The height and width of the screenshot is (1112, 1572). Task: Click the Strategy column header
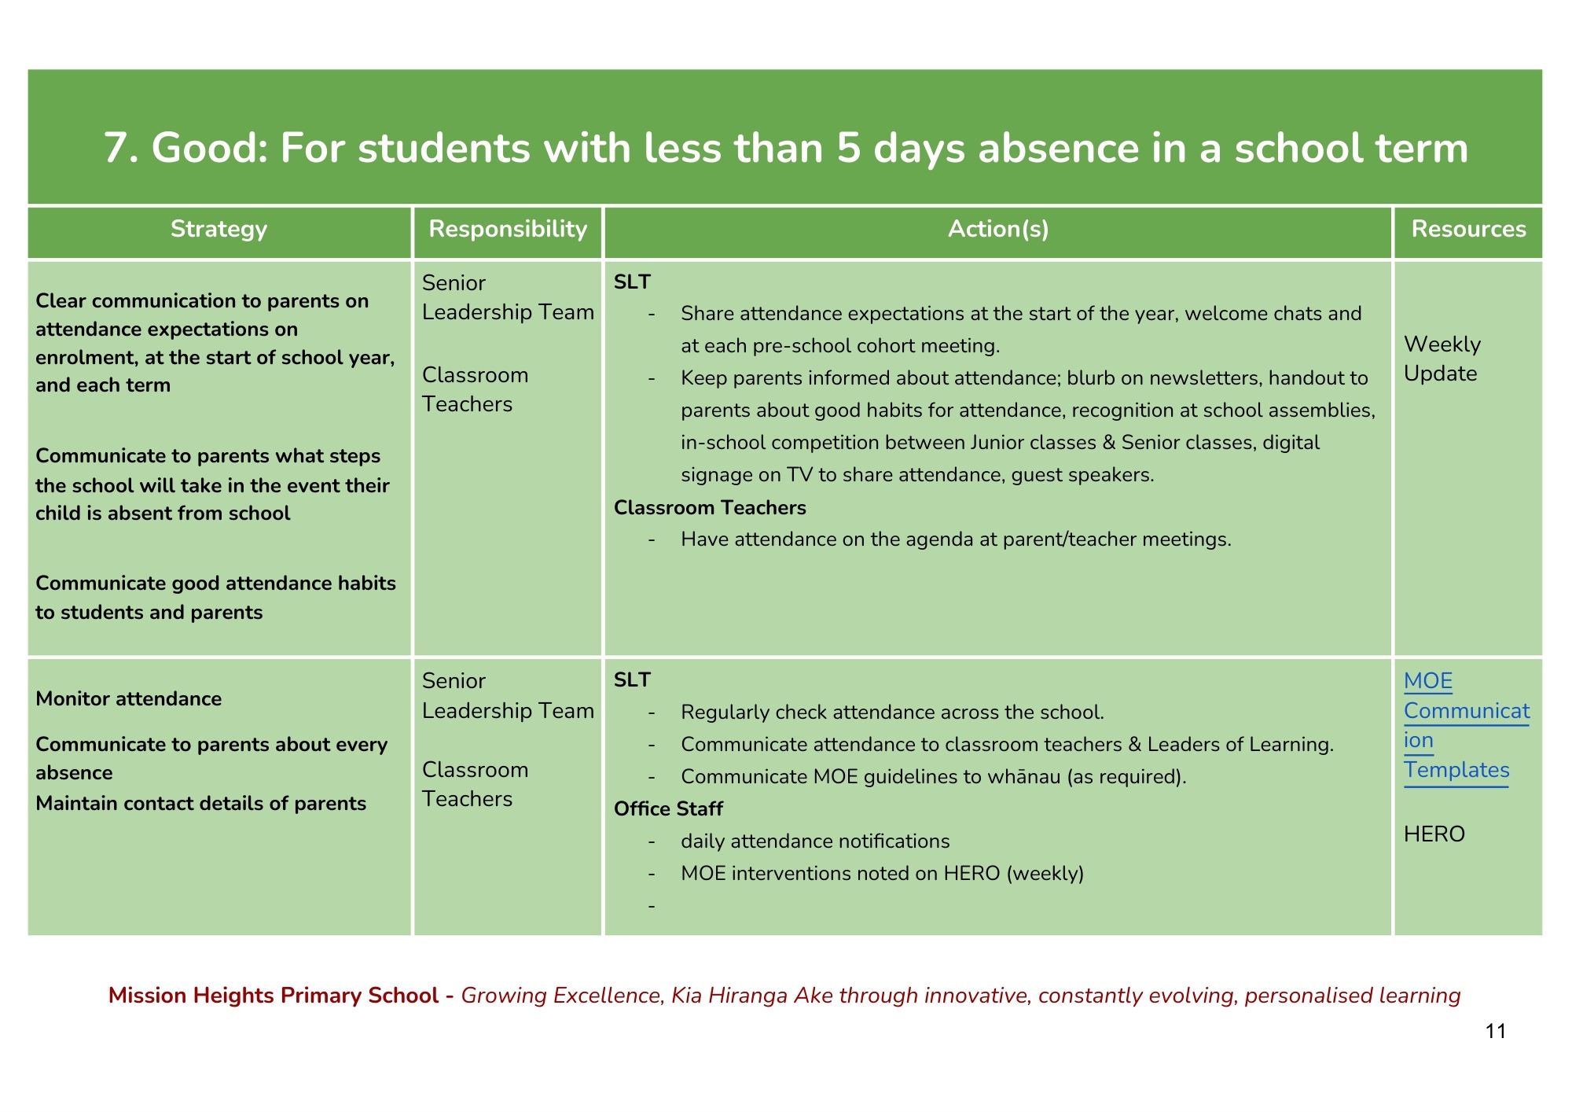point(219,229)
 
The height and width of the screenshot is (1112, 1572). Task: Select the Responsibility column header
point(508,229)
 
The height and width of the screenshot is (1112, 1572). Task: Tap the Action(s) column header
point(998,229)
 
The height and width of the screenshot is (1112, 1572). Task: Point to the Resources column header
point(1468,229)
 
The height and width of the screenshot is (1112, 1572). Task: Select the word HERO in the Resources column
point(1434,834)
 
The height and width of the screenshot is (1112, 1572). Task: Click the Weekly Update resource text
point(1442,359)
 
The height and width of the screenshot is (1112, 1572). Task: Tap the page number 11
point(1496,1031)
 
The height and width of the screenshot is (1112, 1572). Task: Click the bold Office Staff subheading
point(668,808)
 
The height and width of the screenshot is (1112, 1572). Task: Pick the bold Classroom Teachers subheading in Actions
point(710,507)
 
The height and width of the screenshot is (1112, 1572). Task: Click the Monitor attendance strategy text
point(129,698)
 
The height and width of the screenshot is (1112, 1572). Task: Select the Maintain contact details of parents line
point(200,803)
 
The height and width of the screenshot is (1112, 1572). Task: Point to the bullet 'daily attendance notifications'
point(815,841)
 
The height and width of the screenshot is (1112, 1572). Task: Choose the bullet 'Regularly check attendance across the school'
point(892,712)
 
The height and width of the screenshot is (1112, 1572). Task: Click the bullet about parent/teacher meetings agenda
point(956,539)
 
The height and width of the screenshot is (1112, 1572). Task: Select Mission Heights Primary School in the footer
point(273,995)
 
